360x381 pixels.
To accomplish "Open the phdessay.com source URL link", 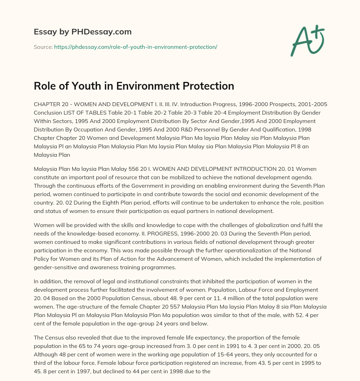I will click(x=135, y=47).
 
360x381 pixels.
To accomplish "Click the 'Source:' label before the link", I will click(x=43, y=47).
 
